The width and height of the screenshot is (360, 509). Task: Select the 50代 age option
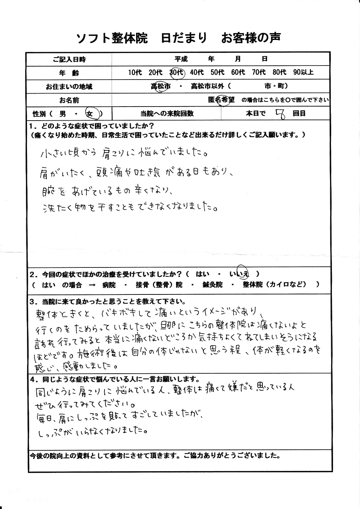[217, 72]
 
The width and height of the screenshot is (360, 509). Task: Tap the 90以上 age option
[303, 72]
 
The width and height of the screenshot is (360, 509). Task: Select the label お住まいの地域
[69, 86]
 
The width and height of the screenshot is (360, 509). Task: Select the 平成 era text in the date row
[182, 59]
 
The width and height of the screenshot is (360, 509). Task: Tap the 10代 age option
[135, 72]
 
